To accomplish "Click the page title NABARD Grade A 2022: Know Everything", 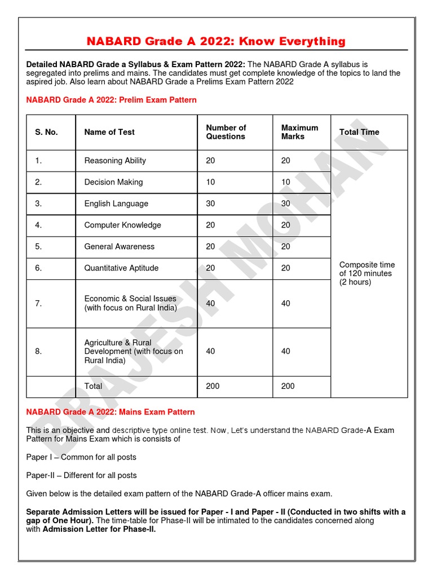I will [216, 41].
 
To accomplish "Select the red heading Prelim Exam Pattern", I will [112, 100].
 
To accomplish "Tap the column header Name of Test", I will [109, 132].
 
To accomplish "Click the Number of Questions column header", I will [226, 132].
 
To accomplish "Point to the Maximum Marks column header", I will [299, 132].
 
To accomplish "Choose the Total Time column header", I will [359, 132].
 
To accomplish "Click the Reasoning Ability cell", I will [115, 161].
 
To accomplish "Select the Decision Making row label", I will [113, 182].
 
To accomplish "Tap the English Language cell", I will [116, 204].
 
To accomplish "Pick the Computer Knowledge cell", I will [122, 225].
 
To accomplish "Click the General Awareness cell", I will [119, 247].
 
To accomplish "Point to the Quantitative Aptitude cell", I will [121, 268].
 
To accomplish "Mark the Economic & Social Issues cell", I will [130, 303].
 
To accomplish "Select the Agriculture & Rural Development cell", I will [134, 351].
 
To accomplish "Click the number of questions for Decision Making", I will [210, 182].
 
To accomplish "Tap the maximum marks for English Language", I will [286, 204].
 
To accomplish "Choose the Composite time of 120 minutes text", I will [367, 273].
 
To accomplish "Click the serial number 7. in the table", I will [38, 303].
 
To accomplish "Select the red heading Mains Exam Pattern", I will [111, 412].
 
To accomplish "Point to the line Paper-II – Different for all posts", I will [81, 475].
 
